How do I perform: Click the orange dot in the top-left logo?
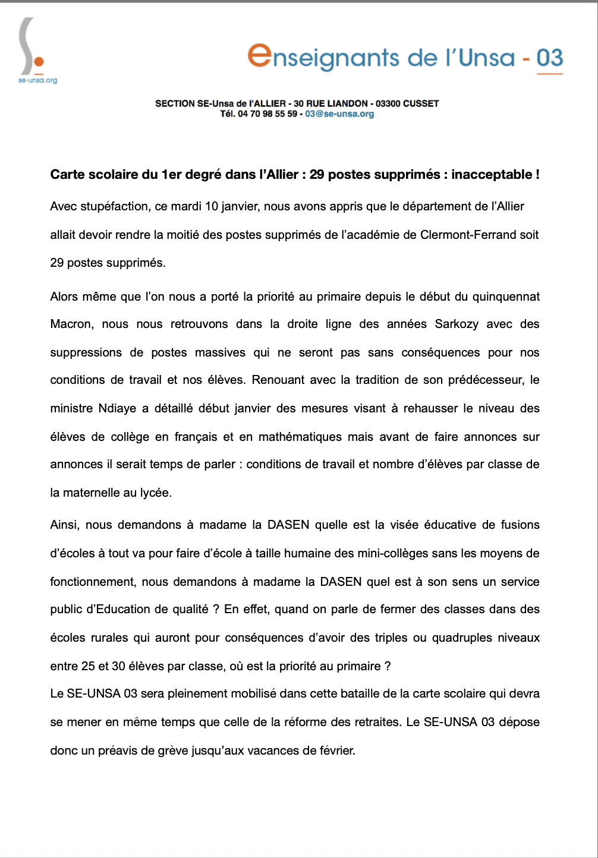coord(39,62)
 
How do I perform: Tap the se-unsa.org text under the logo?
coord(37,80)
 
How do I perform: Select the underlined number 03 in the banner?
coord(549,58)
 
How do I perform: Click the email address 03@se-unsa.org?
coord(339,114)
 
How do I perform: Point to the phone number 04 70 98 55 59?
coord(267,114)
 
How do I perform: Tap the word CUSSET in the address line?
coord(421,103)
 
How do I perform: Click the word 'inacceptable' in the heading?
coord(492,175)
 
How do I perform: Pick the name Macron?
coord(71,324)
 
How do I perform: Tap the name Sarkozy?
coord(457,324)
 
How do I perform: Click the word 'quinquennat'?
coord(506,297)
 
